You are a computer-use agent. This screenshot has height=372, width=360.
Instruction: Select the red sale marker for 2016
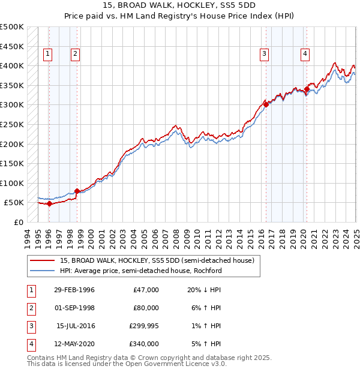(266, 104)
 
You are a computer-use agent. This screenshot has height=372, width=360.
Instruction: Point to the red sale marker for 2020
(307, 89)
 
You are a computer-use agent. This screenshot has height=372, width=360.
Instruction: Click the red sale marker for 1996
(49, 203)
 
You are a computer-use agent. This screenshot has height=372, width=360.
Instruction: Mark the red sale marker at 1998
(77, 191)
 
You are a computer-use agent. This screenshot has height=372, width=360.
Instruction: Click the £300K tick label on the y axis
(12, 104)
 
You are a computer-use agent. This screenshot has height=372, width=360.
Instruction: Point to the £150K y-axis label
(12, 163)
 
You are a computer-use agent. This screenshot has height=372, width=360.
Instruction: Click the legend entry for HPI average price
(141, 271)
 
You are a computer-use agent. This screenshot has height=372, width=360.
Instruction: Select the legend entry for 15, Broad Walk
(157, 260)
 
